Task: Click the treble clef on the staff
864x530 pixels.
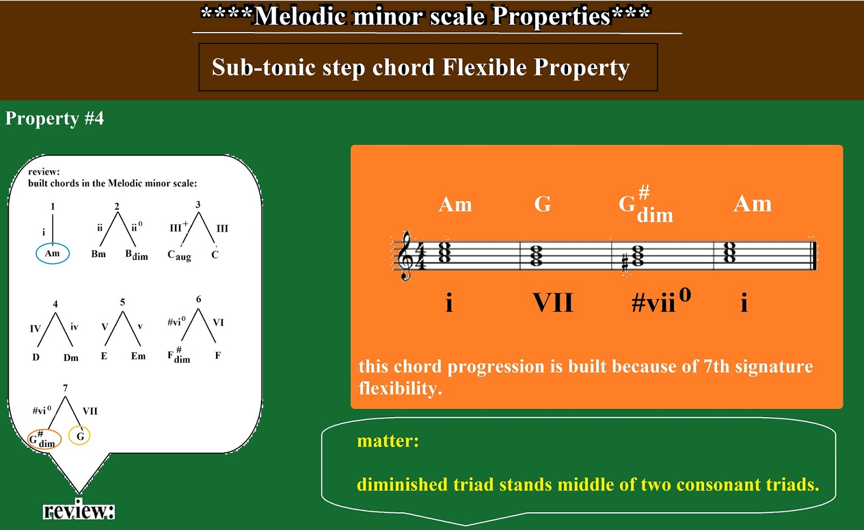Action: pyautogui.click(x=406, y=256)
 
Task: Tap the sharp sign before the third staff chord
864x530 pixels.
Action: pyautogui.click(x=625, y=264)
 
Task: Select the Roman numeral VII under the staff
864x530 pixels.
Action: pyautogui.click(x=553, y=302)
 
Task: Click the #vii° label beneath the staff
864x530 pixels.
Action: pyautogui.click(x=661, y=300)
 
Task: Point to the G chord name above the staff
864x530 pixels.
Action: pyautogui.click(x=542, y=204)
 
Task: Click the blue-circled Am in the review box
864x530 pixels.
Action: pyautogui.click(x=52, y=253)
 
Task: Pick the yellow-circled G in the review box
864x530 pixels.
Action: pyautogui.click(x=79, y=436)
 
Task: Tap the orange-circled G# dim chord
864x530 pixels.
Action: pyautogui.click(x=44, y=439)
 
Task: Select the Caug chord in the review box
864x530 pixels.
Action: pyautogui.click(x=179, y=256)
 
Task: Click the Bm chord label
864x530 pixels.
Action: pyautogui.click(x=98, y=254)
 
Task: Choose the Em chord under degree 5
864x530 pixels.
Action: pyautogui.click(x=138, y=356)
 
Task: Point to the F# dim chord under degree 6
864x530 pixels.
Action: pyautogui.click(x=179, y=355)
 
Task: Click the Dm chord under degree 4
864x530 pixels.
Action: pyautogui.click(x=71, y=358)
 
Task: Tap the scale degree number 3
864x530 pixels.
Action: pyautogui.click(x=198, y=205)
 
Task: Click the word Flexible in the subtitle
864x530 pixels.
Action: pyautogui.click(x=484, y=67)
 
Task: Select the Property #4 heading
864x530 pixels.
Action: pyautogui.click(x=55, y=118)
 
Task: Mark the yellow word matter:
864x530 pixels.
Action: pyautogui.click(x=388, y=441)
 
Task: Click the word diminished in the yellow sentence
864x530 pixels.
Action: pyautogui.click(x=402, y=484)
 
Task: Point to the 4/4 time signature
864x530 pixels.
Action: pyautogui.click(x=420, y=256)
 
